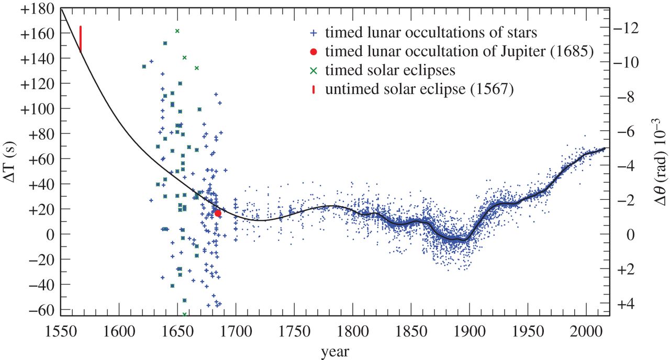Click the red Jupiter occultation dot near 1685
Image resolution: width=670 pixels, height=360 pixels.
218,213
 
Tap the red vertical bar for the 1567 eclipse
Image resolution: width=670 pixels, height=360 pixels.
81,39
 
